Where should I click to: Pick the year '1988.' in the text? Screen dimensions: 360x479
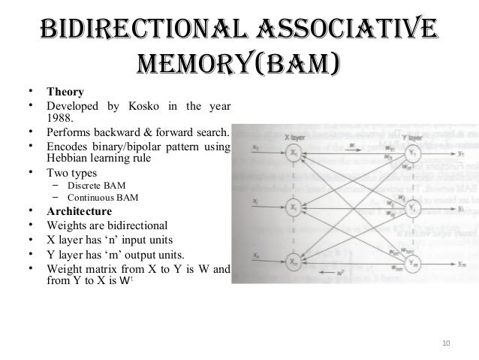click(60, 117)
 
